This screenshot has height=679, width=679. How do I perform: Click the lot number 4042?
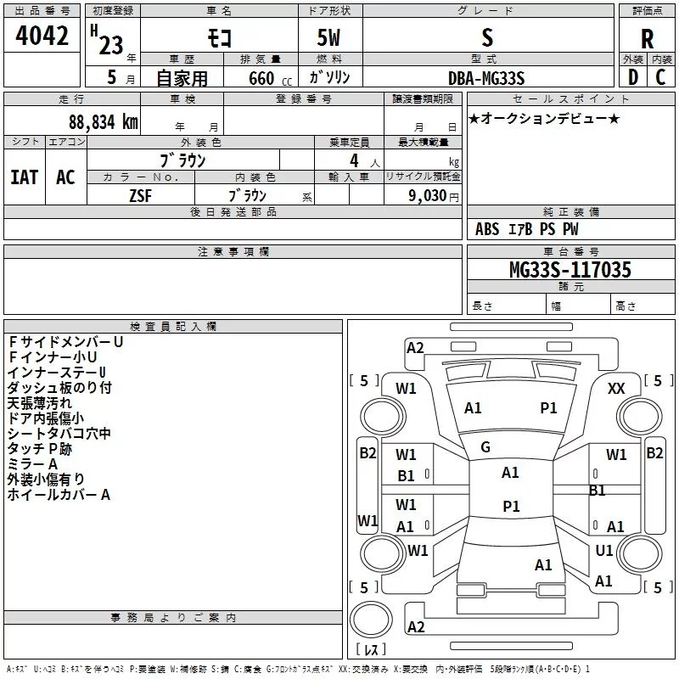tap(42, 36)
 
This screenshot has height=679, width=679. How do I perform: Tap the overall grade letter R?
tap(647, 39)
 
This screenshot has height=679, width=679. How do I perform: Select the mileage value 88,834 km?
tap(104, 122)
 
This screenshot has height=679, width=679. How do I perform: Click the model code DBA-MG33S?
tap(486, 78)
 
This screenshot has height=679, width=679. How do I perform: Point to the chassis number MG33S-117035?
tap(570, 270)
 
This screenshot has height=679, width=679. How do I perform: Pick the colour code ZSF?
tap(141, 196)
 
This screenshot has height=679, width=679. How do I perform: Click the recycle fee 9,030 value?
tap(428, 196)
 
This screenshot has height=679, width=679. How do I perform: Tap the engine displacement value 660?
tap(261, 78)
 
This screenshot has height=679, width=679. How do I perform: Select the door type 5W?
tap(328, 37)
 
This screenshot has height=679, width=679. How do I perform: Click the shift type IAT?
tap(25, 177)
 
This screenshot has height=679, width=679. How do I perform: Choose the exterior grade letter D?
tap(633, 77)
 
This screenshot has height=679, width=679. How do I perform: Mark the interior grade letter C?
tap(660, 77)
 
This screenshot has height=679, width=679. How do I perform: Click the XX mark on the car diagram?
tap(616, 389)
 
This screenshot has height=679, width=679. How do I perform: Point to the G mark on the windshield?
tap(485, 447)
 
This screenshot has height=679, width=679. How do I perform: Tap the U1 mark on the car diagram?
tap(603, 551)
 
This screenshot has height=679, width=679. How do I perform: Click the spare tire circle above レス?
tap(371, 620)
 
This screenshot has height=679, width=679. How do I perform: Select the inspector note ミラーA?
tap(32, 464)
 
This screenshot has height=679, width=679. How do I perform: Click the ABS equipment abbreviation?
tap(487, 229)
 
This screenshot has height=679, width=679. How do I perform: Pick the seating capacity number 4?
tap(354, 160)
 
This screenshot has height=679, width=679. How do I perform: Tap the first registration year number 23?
tap(111, 45)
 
